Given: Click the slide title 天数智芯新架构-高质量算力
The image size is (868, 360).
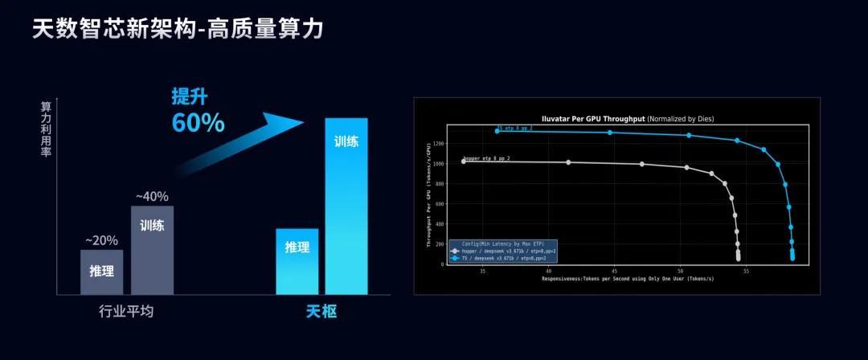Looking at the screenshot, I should click(178, 30).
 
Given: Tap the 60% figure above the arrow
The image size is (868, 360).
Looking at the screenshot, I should click(198, 123).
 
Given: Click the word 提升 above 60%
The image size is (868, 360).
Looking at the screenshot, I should click(189, 96).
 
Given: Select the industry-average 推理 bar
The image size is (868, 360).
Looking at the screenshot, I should click(102, 272).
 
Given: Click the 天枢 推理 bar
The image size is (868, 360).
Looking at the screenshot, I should click(297, 261).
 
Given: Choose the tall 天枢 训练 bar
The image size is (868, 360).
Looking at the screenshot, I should click(346, 206).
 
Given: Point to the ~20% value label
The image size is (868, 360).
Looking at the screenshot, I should click(102, 240).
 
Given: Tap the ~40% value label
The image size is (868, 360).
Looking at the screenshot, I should click(152, 196).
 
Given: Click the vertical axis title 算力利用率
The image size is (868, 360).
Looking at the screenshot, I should click(46, 129).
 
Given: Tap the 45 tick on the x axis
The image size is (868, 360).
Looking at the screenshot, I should click(614, 271).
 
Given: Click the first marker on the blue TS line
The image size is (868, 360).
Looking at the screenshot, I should click(497, 130).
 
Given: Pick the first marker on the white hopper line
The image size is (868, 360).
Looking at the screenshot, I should click(463, 162).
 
